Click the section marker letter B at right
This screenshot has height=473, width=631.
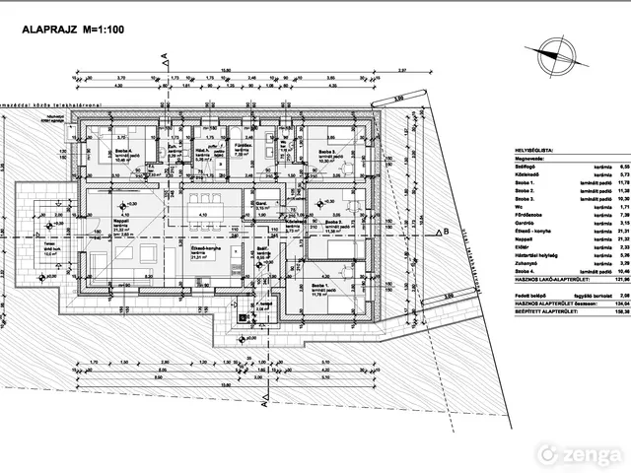(446, 231)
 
